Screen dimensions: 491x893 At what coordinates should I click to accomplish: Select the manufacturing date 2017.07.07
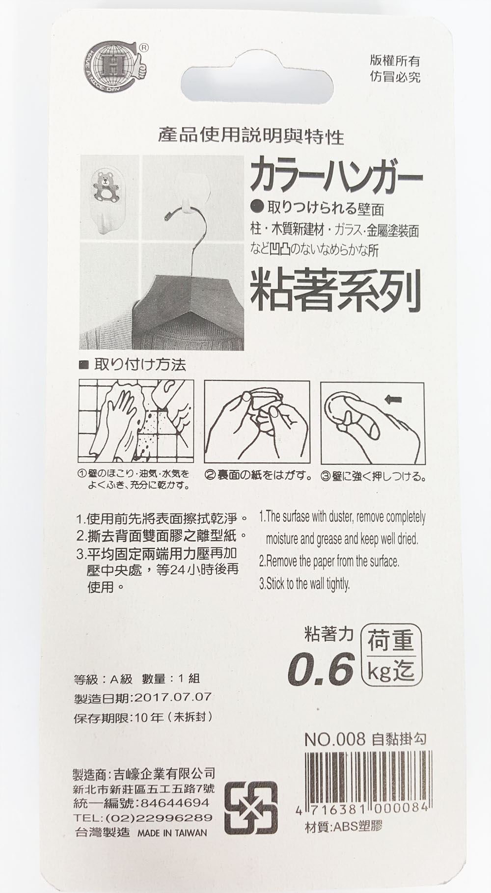pos(171,697)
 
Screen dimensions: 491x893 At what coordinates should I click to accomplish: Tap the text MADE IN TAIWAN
pos(172,833)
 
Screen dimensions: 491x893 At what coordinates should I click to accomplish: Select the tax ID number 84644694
pos(175,803)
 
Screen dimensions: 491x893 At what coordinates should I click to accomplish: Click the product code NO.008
pos(335,739)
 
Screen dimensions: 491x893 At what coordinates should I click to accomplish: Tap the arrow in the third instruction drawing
pos(392,400)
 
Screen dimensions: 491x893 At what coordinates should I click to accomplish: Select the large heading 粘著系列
pos(336,290)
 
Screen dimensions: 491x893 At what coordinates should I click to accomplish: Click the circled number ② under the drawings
pos(210,475)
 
